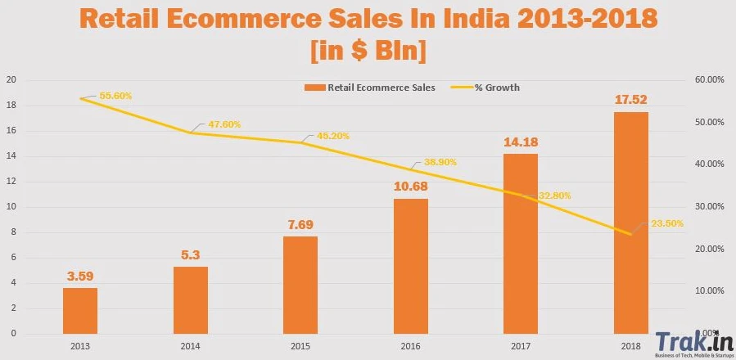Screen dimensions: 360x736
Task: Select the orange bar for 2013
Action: (x=80, y=311)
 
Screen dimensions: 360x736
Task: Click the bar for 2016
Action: (x=411, y=266)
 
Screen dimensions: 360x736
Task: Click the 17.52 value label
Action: (x=631, y=101)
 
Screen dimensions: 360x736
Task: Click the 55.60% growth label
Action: (x=115, y=96)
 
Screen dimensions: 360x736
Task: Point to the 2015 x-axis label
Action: (x=300, y=347)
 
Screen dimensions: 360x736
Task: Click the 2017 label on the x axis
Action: (x=521, y=347)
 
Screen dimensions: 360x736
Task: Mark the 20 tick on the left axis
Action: (x=11, y=80)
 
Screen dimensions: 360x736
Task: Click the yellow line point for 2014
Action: (x=190, y=133)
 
